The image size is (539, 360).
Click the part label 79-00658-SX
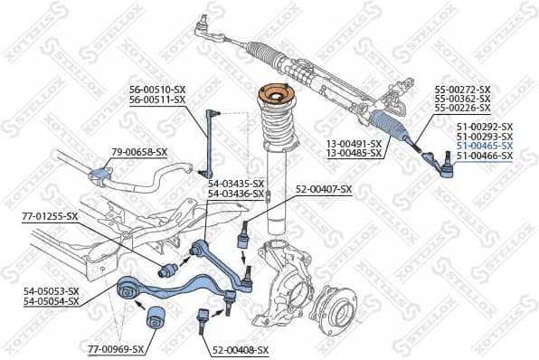pyautogui.click(x=140, y=151)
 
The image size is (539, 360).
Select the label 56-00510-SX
pyautogui.click(x=157, y=90)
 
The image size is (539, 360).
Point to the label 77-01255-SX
pyautogui.click(x=50, y=216)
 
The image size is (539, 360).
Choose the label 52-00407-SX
pyautogui.click(x=323, y=188)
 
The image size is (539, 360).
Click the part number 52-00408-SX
pyautogui.click(x=241, y=349)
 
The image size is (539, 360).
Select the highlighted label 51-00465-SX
pyautogui.click(x=484, y=146)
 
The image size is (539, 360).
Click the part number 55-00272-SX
pyautogui.click(x=462, y=90)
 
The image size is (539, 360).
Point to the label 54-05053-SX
pyautogui.click(x=52, y=290)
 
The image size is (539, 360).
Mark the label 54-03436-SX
pyautogui.click(x=235, y=194)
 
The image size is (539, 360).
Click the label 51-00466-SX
pyautogui.click(x=484, y=156)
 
